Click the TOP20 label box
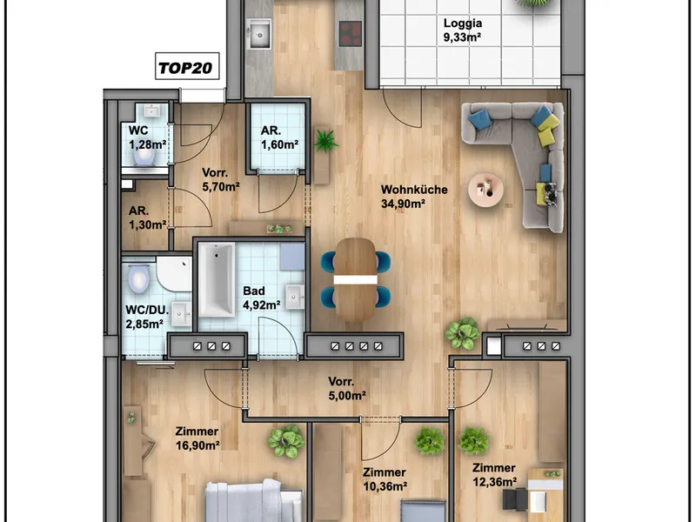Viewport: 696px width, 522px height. (187, 66)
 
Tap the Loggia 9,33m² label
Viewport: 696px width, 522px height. (463, 30)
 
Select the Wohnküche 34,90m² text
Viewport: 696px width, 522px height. (414, 197)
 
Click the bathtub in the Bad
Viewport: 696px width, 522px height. (217, 279)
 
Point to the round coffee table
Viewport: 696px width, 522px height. (485, 190)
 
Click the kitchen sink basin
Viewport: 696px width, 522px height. (259, 34)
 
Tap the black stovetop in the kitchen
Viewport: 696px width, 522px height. (351, 34)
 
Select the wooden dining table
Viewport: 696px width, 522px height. (356, 279)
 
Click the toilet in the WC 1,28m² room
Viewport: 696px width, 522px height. (144, 156)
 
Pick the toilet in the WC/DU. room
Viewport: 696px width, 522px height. (138, 278)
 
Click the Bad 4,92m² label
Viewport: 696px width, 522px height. (262, 298)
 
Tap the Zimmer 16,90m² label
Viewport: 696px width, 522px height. (197, 438)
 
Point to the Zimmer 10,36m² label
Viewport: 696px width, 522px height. (385, 479)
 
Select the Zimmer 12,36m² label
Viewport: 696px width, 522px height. (494, 474)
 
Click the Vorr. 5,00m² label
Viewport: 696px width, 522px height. (347, 388)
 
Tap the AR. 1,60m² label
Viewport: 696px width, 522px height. (279, 137)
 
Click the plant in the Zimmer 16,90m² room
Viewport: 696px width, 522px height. (286, 441)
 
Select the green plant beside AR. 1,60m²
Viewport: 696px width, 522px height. (325, 141)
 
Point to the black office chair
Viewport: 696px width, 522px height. (515, 499)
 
